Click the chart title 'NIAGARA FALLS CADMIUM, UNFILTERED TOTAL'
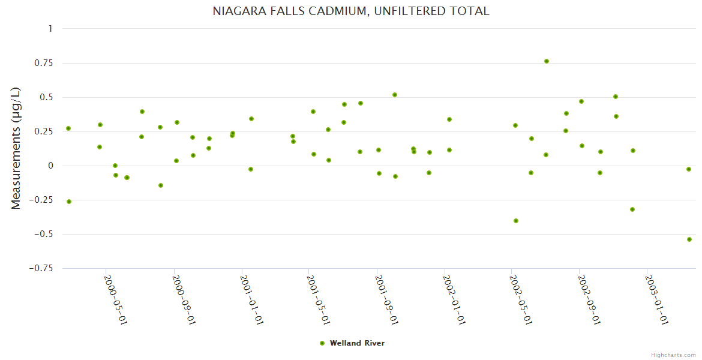pos(351,11)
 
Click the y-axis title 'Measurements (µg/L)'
pos(16,148)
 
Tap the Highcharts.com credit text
pos(673,355)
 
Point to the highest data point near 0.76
pos(547,61)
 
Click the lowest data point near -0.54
pos(689,239)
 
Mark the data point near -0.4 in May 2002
pos(516,221)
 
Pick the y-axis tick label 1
pos(50,29)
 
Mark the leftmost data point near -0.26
pos(69,202)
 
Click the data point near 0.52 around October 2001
pos(395,95)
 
